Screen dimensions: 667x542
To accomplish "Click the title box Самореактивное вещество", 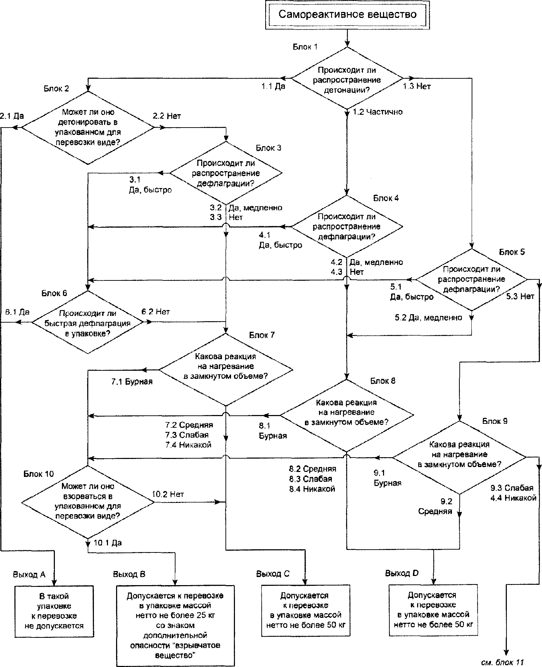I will click(x=347, y=15).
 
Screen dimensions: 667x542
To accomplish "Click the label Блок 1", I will click(x=305, y=47).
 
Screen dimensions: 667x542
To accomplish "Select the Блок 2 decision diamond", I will click(x=88, y=128).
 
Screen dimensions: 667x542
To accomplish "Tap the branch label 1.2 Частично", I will click(x=377, y=112).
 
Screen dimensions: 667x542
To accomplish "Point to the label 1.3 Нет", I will click(x=417, y=86).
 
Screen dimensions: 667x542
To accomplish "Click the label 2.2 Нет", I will click(x=167, y=116).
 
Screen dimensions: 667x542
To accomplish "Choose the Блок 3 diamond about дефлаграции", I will click(x=226, y=173).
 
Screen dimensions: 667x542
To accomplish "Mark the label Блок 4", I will click(x=386, y=198).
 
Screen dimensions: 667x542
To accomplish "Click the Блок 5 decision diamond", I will click(x=471, y=279).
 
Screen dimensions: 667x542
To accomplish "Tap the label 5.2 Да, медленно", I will click(x=428, y=318).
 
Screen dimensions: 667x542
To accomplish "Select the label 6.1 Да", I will click(x=17, y=312).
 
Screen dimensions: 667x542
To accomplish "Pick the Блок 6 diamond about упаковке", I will click(x=88, y=322).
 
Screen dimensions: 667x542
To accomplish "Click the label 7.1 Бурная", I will click(x=132, y=381).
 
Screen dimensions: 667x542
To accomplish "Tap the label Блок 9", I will click(x=495, y=421).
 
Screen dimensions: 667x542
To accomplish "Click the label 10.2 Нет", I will click(x=168, y=494).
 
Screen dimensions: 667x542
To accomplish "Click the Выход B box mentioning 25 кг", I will click(x=175, y=626).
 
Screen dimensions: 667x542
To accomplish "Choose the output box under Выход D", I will click(x=433, y=610).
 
